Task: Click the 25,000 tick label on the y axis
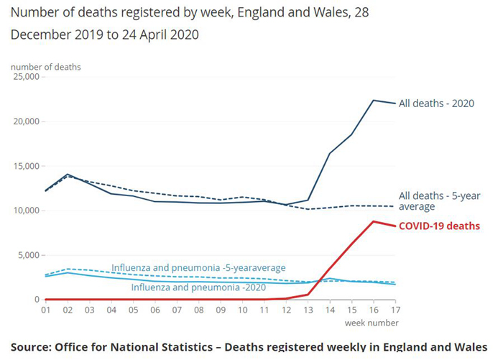click(27, 77)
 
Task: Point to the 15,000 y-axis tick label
click(27, 166)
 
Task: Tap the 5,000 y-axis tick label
click(29, 255)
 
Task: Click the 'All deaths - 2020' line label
click(438, 103)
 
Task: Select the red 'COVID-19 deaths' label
click(440, 226)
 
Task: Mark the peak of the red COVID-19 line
click(374, 221)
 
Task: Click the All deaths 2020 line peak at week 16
click(374, 100)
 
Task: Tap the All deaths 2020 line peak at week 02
click(68, 175)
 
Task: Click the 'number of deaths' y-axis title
click(45, 67)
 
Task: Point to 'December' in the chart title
click(43, 34)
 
